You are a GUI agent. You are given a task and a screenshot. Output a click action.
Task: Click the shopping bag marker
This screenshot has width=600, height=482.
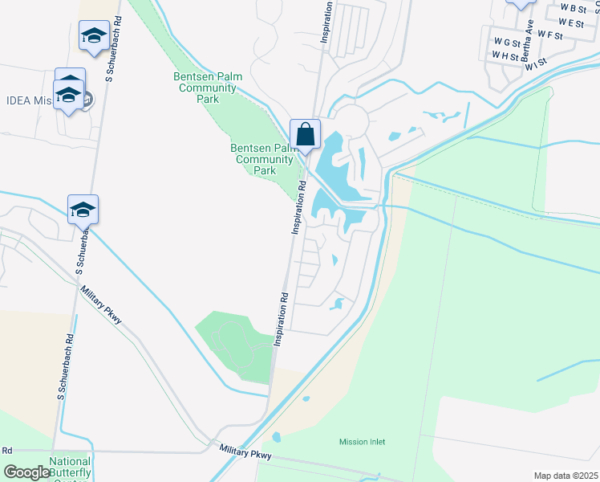coord(305,134)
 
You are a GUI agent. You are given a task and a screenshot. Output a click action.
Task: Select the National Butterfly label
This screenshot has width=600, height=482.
coord(71,463)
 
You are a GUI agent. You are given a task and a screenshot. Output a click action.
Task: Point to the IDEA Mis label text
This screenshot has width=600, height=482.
coord(29,100)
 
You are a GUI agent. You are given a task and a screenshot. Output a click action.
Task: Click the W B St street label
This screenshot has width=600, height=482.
coord(574,7)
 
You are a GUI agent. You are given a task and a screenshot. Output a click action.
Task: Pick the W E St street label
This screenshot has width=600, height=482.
coord(571,23)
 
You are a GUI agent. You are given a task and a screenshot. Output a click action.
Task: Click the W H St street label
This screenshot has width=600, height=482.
coord(505,56)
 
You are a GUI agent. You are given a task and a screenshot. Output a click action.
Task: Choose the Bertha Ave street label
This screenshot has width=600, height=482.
coord(527,46)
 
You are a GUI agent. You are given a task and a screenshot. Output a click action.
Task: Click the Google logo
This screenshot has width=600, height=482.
coord(26,472)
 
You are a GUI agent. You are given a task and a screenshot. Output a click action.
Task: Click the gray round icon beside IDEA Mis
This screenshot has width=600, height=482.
coord(87,100)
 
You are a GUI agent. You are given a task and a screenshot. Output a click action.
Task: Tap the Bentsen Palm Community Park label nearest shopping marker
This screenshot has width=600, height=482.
coord(264,159)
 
